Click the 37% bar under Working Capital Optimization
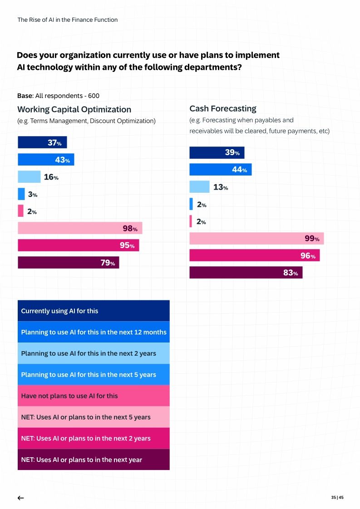(42, 142)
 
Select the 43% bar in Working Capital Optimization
(46, 160)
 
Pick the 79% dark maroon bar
(68, 263)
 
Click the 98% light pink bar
(80, 228)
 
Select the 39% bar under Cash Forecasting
(217, 153)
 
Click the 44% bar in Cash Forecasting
(220, 170)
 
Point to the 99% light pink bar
(256, 239)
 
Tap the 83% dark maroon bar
(246, 273)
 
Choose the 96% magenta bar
(254, 256)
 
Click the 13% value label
(221, 187)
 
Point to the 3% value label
(33, 194)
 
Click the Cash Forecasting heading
(223, 109)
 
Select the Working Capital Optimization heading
(74, 109)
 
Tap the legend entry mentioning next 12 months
(93, 332)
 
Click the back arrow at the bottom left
(20, 498)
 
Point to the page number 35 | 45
(337, 497)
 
